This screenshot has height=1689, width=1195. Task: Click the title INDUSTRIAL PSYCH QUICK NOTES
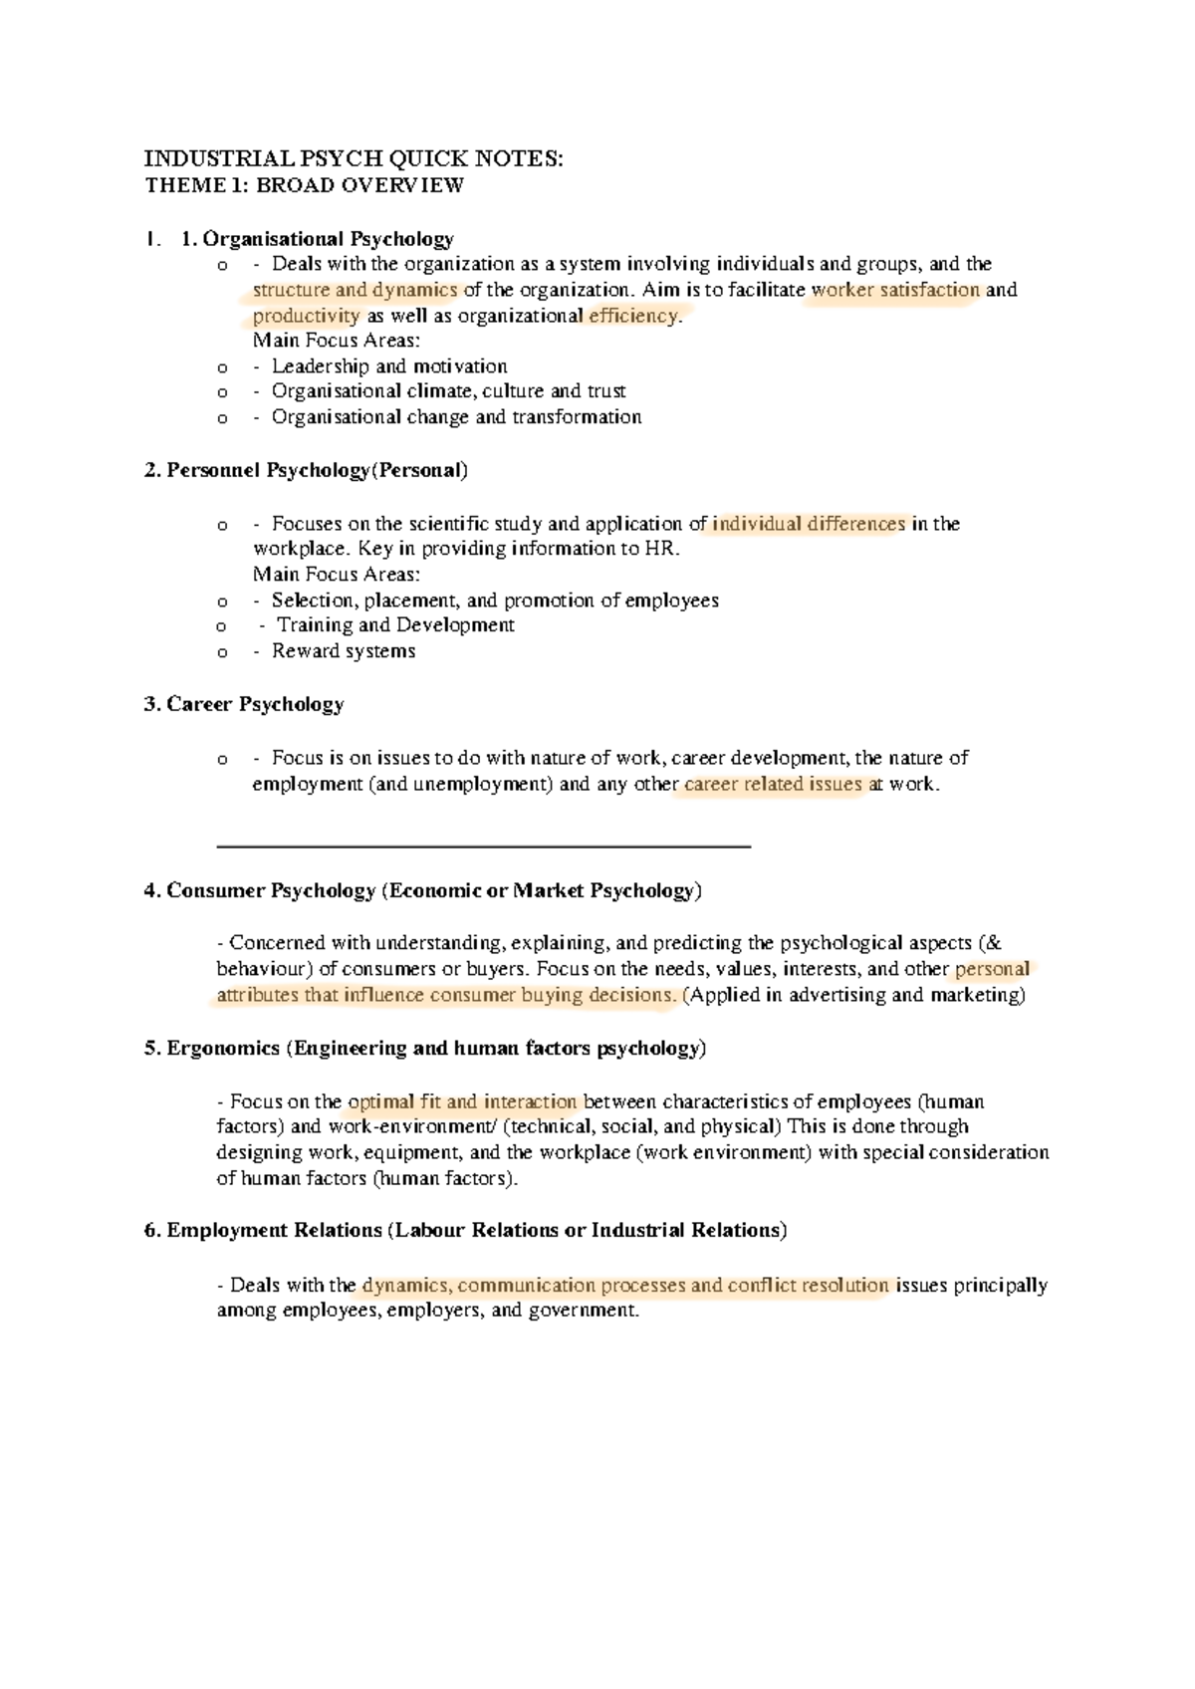pyautogui.click(x=354, y=159)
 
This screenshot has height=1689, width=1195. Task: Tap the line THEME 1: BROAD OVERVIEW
pyautogui.click(x=304, y=185)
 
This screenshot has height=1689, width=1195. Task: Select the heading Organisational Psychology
pyautogui.click(x=328, y=239)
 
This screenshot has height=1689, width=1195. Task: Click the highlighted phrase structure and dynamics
pyautogui.click(x=355, y=291)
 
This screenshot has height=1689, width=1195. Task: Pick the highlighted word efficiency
pyautogui.click(x=633, y=317)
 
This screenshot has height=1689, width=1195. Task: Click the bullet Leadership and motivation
pyautogui.click(x=389, y=366)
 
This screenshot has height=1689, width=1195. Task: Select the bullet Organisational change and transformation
pyautogui.click(x=456, y=417)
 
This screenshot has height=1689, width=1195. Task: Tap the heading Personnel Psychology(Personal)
pyautogui.click(x=306, y=470)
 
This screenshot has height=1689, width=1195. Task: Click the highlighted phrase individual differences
pyautogui.click(x=809, y=524)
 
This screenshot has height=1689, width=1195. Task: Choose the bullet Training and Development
pyautogui.click(x=395, y=625)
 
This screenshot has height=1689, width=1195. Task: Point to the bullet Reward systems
pyautogui.click(x=344, y=651)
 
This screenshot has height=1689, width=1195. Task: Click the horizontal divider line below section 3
pyautogui.click(x=483, y=846)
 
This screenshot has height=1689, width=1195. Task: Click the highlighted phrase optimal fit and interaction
pyautogui.click(x=462, y=1102)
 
